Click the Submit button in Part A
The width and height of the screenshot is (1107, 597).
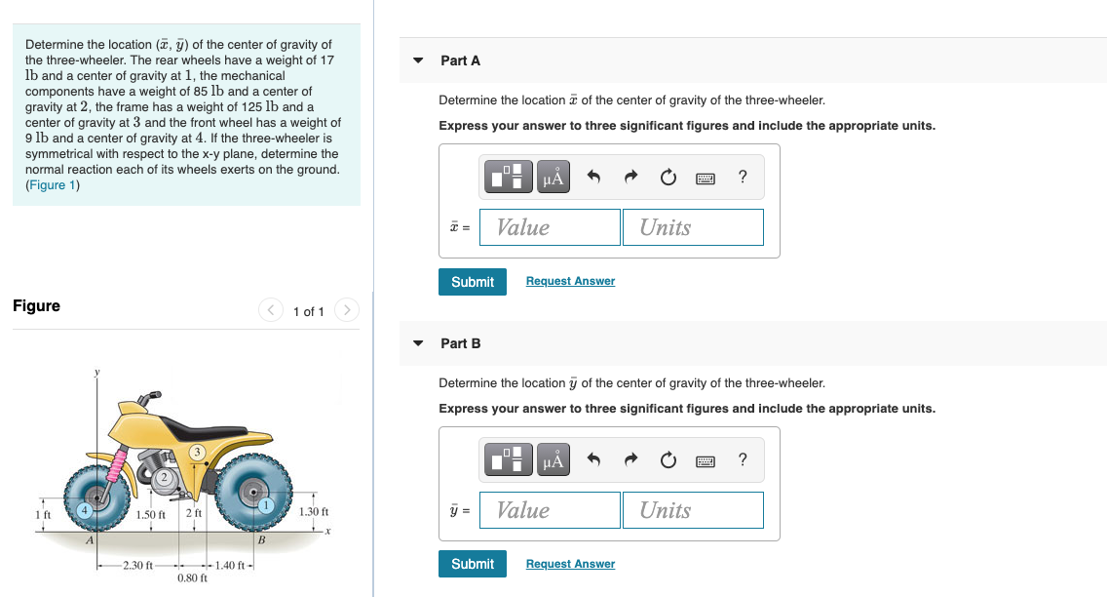pos(473,282)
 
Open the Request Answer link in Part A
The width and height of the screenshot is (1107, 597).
pos(570,281)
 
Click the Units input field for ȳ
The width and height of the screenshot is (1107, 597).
pos(692,510)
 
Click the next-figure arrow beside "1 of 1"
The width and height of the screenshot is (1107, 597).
pos(347,311)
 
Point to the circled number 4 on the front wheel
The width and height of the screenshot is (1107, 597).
pos(86,508)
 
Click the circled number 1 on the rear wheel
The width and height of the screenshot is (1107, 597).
pos(266,505)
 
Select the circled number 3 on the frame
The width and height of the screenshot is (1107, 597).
pos(197,452)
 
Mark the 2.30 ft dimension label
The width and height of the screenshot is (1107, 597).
pos(136,566)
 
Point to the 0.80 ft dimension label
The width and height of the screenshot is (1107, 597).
pos(192,578)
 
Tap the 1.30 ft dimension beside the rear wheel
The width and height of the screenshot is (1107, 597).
pos(314,512)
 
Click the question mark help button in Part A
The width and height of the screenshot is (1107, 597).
pos(743,178)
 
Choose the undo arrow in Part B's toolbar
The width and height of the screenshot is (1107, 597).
pos(592,460)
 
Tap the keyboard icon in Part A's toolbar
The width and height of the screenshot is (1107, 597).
pos(706,178)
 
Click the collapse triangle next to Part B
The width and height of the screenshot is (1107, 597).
pos(418,343)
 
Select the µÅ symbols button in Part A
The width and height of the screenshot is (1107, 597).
pos(553,178)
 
